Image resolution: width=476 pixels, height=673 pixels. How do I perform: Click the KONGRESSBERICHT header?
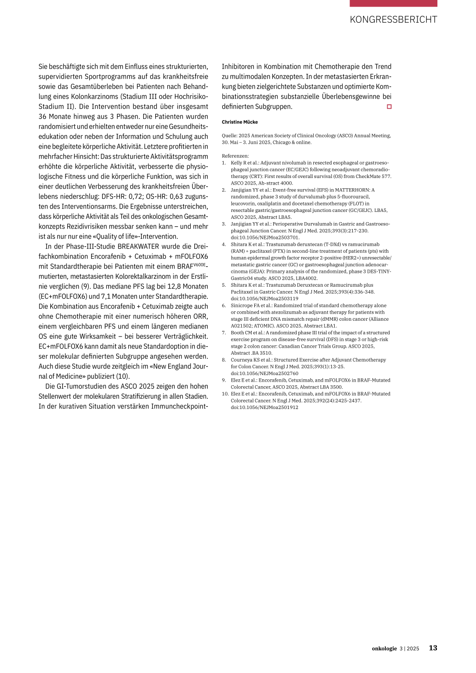coord(393,20)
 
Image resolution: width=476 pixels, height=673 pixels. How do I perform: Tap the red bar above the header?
coord(393,3)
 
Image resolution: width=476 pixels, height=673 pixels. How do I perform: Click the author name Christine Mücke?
coord(240,122)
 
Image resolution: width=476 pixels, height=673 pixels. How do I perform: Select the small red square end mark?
coord(389,107)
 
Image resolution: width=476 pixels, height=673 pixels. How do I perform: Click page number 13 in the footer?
coord(433,648)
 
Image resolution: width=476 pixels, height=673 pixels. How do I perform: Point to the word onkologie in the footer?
coord(384,648)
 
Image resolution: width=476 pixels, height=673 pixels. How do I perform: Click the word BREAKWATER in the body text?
coord(139,246)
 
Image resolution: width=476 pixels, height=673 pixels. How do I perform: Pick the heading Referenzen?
coord(235,156)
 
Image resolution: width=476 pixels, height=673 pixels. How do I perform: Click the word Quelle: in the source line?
coord(230,136)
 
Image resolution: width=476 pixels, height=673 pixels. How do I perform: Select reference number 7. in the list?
coord(224,333)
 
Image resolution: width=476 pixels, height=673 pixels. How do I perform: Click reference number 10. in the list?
coord(225,394)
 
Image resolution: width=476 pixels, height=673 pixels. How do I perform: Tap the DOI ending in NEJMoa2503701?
coord(265,238)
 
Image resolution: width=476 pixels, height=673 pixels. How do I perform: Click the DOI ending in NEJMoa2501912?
coord(264,407)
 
